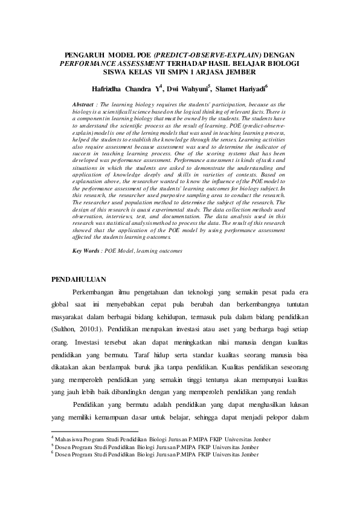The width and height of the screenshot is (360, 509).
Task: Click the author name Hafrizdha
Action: point(106,89)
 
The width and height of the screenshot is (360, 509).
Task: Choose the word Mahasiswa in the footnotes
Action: point(72,439)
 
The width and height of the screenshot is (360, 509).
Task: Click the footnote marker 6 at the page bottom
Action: point(52,451)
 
